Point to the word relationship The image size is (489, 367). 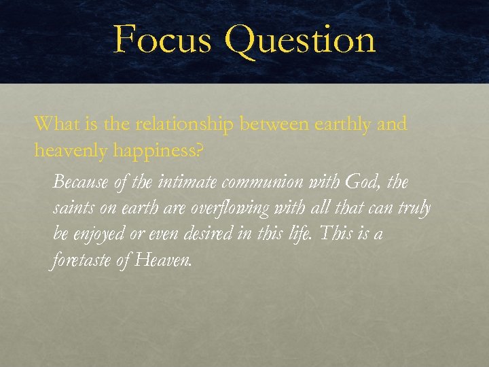pyautogui.click(x=185, y=125)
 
